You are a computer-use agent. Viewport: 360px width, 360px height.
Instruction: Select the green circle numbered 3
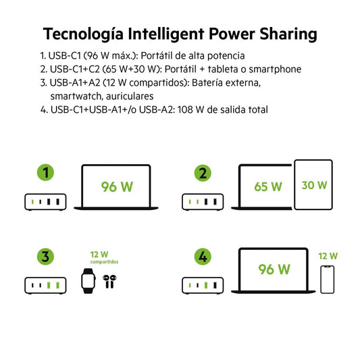pos(45,257)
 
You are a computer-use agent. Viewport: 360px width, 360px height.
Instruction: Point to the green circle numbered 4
pos(202,257)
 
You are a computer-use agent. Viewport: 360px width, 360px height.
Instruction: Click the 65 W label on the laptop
pos(268,186)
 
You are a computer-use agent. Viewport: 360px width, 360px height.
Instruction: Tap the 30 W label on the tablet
pos(313,184)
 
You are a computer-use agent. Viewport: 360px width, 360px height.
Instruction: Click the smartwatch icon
pos(86,280)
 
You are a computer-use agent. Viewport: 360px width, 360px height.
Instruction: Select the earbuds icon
pos(109,281)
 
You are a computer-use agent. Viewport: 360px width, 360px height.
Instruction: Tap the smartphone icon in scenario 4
pos(328,279)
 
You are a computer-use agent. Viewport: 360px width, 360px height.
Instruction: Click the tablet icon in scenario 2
pos(313,184)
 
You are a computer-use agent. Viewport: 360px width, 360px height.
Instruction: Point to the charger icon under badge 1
pos(45,201)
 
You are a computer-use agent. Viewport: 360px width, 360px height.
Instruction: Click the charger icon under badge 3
pos(45,285)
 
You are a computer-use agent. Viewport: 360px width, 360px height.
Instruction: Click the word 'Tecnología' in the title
pos(82,33)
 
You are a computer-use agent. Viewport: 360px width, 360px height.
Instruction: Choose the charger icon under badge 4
pos(202,285)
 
